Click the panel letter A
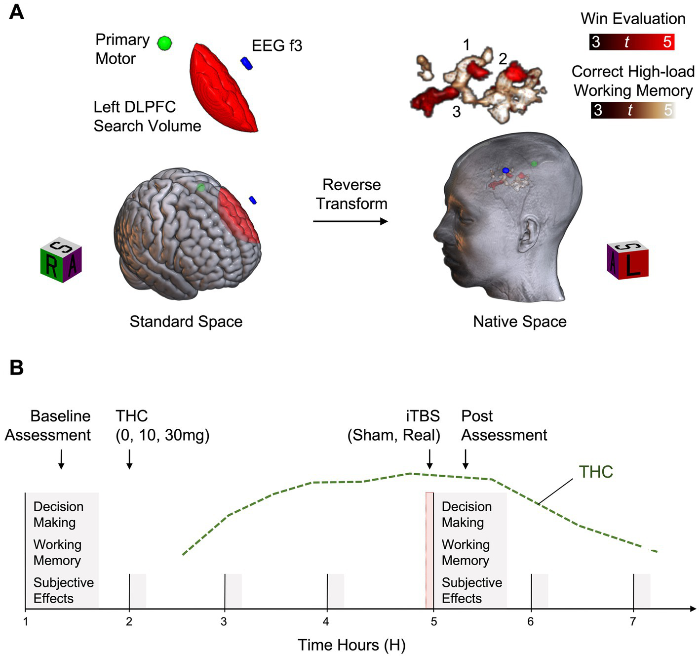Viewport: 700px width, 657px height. click(x=16, y=12)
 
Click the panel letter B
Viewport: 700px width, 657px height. click(x=16, y=368)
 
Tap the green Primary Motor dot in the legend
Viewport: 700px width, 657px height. click(x=164, y=43)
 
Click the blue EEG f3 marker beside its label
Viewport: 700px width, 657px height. click(x=246, y=63)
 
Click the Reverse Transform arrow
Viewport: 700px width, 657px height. click(x=350, y=221)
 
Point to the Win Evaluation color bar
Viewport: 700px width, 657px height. click(x=632, y=42)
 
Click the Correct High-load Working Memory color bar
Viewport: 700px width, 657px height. click(x=633, y=110)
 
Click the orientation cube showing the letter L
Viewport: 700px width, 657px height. click(x=628, y=261)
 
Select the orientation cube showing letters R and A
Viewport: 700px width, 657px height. click(x=61, y=261)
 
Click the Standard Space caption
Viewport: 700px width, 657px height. click(x=186, y=322)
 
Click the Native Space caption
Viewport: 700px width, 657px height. click(x=520, y=322)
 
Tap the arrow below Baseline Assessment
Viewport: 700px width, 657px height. click(x=61, y=459)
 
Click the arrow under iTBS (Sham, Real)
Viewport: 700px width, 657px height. click(x=429, y=459)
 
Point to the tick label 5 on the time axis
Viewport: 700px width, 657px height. click(x=433, y=621)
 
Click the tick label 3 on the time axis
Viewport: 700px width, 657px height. click(x=224, y=621)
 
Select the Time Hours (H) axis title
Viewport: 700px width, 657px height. click(x=351, y=645)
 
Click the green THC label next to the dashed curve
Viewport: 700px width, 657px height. click(x=596, y=472)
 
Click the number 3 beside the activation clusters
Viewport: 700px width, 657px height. click(x=457, y=112)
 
